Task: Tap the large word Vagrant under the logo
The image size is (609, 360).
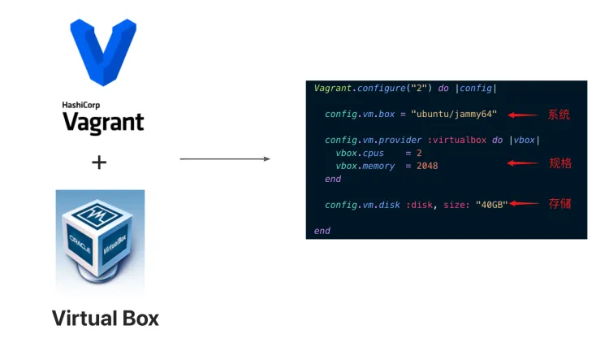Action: click(x=103, y=123)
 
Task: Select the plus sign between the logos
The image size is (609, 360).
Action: click(x=99, y=163)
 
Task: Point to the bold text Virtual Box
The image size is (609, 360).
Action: click(x=106, y=318)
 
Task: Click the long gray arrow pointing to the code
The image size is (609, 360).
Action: click(x=225, y=158)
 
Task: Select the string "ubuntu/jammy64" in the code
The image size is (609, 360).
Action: click(x=454, y=114)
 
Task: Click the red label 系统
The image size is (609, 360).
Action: click(x=559, y=115)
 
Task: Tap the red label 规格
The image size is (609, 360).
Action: click(x=560, y=163)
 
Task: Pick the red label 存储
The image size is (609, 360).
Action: click(x=560, y=203)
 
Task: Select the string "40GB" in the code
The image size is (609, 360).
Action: click(x=491, y=205)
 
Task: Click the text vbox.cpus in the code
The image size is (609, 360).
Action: click(x=358, y=153)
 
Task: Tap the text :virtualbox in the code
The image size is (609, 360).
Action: click(x=456, y=140)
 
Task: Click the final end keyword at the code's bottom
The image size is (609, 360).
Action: click(x=322, y=231)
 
